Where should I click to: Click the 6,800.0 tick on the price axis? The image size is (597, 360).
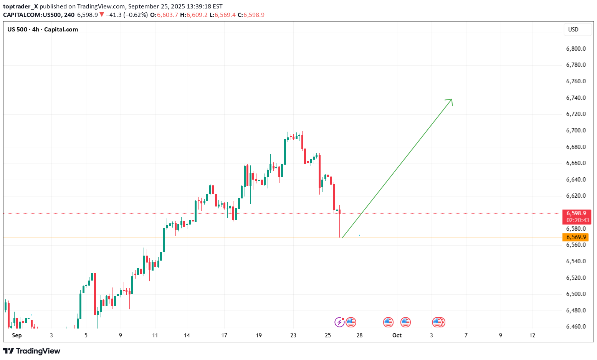tap(576, 49)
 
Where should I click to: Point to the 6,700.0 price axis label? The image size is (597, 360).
tap(576, 130)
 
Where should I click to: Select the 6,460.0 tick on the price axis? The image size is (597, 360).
tap(576, 327)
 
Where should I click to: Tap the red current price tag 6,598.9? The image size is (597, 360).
tap(576, 213)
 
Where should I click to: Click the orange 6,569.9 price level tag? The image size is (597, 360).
tap(576, 237)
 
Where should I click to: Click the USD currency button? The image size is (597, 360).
tap(573, 30)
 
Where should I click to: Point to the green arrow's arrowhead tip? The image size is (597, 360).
tap(451, 99)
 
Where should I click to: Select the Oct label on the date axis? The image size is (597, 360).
tap(397, 335)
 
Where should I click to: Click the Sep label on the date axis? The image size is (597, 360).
tap(17, 335)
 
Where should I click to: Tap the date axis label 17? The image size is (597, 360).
tap(224, 335)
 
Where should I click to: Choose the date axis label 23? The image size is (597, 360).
tap(293, 335)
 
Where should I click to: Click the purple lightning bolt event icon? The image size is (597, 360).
tap(339, 322)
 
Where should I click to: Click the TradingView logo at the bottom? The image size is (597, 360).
tap(32, 351)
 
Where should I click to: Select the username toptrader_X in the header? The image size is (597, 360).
tap(20, 7)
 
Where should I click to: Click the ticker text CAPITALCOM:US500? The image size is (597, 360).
tap(33, 15)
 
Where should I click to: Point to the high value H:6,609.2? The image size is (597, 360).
tap(194, 15)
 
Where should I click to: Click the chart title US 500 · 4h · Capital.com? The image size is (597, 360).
tap(43, 30)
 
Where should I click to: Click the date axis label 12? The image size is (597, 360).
tap(532, 335)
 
